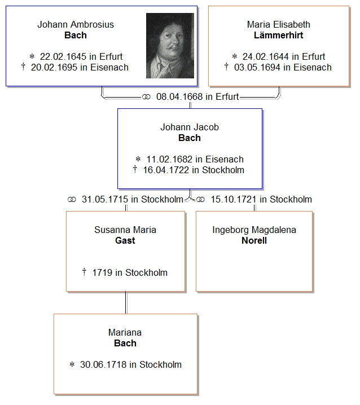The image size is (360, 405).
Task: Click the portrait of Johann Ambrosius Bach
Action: point(170,46)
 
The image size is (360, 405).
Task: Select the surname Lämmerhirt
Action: point(279,36)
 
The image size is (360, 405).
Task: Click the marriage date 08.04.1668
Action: point(179,97)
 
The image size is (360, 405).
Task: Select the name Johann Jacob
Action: point(190,127)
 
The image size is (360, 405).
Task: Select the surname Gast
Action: point(125,241)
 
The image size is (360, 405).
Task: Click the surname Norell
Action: point(254,241)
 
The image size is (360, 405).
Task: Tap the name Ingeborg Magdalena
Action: point(254,230)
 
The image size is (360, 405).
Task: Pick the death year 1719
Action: point(103,273)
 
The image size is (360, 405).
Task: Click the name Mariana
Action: point(125,333)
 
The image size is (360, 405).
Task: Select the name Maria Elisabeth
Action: point(279,25)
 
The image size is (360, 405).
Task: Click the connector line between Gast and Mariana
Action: point(125,303)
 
